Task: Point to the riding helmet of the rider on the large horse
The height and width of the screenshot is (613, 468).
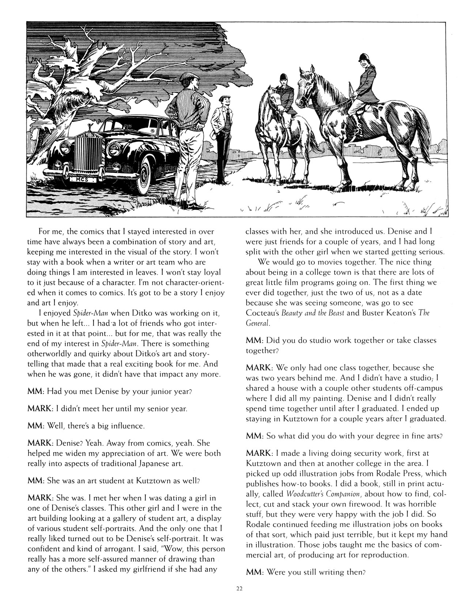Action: tap(363, 57)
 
